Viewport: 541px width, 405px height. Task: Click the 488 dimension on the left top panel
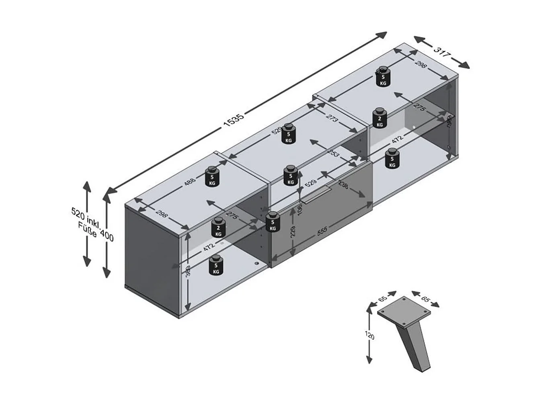point(190,181)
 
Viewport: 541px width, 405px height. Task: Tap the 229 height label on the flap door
point(293,232)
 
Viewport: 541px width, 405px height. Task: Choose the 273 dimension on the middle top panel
point(332,119)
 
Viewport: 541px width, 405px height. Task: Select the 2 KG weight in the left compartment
point(218,228)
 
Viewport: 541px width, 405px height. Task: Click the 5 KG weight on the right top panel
point(383,77)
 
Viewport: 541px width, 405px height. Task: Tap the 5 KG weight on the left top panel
point(212,177)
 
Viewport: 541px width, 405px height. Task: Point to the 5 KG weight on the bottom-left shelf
point(216,265)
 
